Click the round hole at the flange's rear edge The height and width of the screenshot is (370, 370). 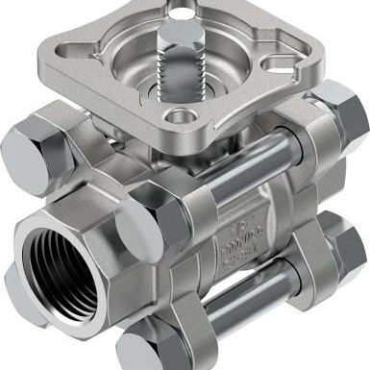(178, 13)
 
